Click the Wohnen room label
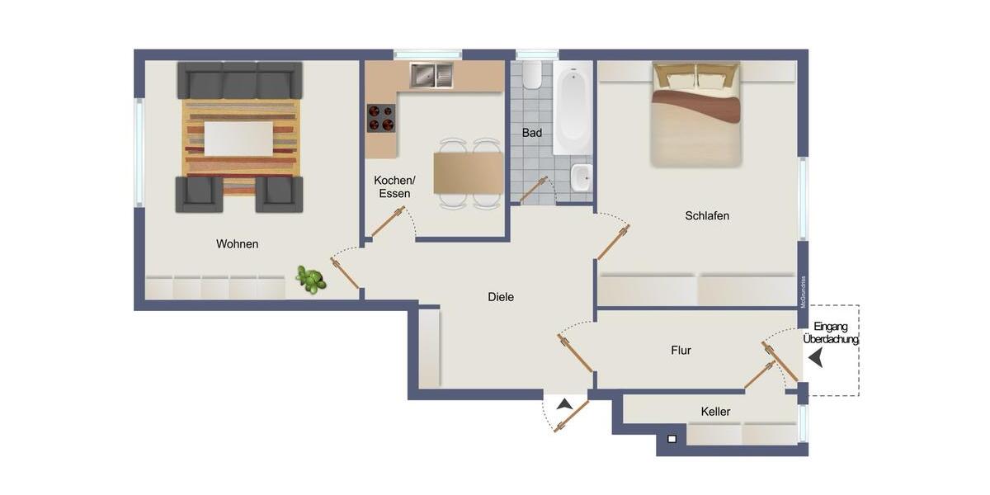tap(238, 244)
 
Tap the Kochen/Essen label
tap(394, 186)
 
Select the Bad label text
tap(532, 133)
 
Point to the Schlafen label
tap(707, 216)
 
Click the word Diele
tap(501, 297)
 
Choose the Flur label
tap(681, 351)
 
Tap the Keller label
tap(715, 412)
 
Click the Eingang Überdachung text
tap(830, 332)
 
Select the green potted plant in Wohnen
tap(311, 280)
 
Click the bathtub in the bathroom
tap(572, 111)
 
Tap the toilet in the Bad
tap(532, 74)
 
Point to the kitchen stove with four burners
tap(380, 118)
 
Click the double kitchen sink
tap(431, 76)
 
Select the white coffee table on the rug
tap(238, 139)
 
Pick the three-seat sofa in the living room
tap(239, 81)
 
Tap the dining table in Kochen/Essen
tap(469, 173)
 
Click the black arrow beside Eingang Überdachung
tap(815, 358)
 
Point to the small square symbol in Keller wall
tap(672, 439)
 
